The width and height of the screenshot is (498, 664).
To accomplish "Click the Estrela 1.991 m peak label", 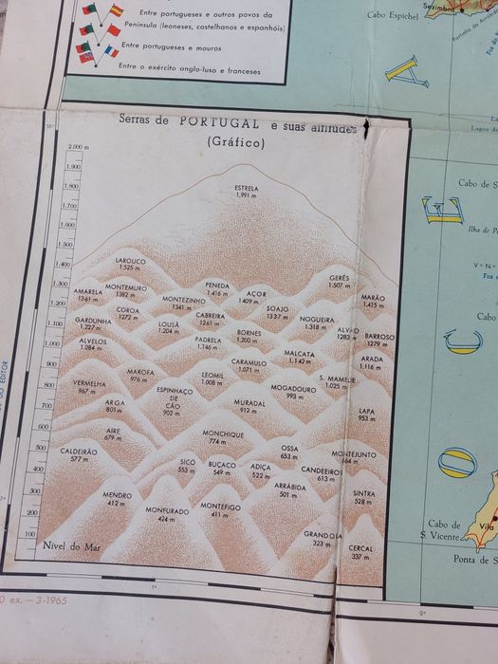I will pyautogui.click(x=247, y=192).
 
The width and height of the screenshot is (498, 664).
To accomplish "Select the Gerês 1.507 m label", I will pyautogui.click(x=340, y=282).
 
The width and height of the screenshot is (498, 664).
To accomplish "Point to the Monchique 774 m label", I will pyautogui.click(x=223, y=437).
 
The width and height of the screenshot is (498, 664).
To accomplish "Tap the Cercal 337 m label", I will pyautogui.click(x=360, y=552).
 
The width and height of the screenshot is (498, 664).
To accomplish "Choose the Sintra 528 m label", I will pyautogui.click(x=362, y=497).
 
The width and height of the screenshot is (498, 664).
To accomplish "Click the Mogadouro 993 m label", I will pyautogui.click(x=293, y=392).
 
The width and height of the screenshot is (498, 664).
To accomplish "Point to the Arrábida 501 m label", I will pyautogui.click(x=289, y=489).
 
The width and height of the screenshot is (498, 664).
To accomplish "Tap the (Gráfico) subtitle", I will pyautogui.click(x=236, y=142).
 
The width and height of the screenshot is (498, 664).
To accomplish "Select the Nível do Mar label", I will pyautogui.click(x=72, y=547).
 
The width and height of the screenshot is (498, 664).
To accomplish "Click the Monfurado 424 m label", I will pyautogui.click(x=167, y=515).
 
